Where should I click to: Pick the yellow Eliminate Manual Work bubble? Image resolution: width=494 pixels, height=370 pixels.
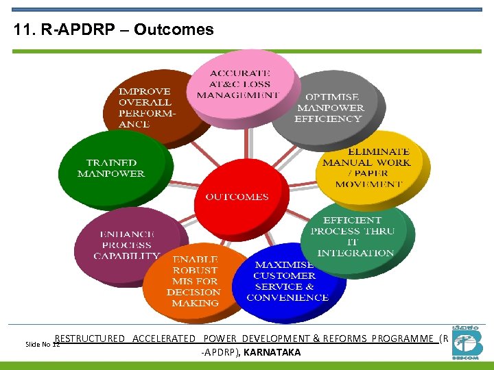(371, 167)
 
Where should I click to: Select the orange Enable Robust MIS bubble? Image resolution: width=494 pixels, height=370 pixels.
(196, 281)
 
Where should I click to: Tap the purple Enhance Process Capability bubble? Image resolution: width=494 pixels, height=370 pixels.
(126, 244)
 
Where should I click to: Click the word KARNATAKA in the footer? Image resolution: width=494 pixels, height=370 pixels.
(272, 352)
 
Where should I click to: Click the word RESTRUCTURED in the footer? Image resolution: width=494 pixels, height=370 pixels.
(90, 338)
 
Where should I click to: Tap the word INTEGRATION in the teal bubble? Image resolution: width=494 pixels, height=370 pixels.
(355, 254)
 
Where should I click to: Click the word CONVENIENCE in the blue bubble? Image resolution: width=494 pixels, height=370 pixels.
(287, 298)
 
